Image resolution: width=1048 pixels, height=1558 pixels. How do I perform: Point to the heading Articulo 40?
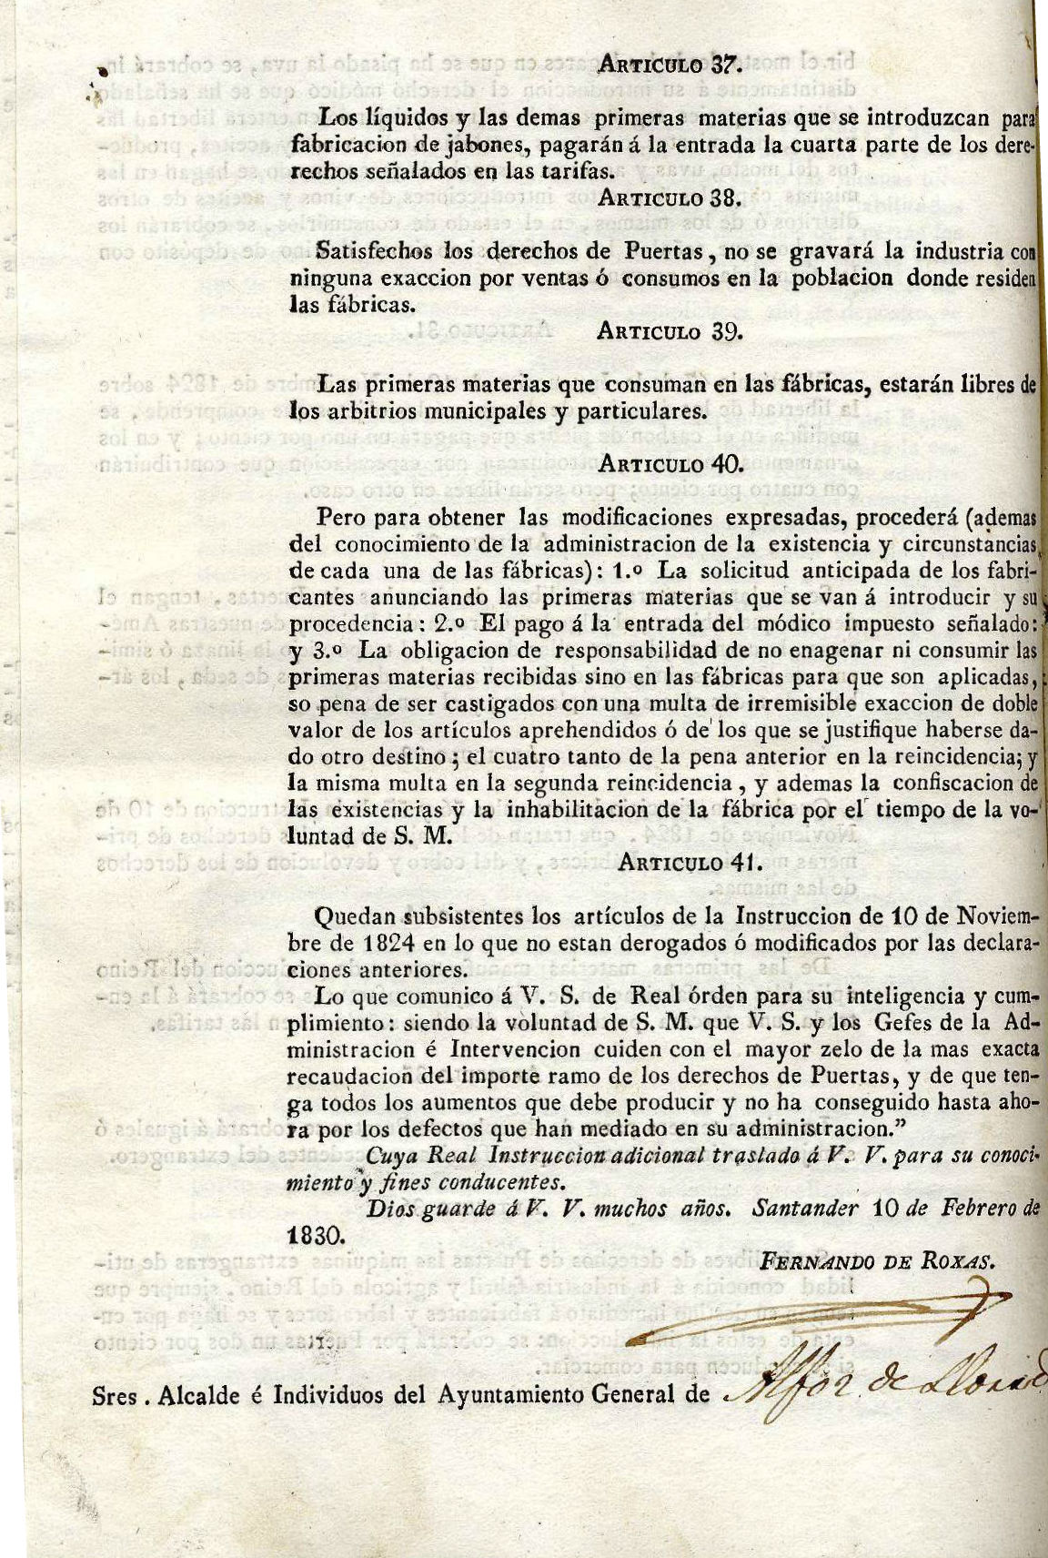(670, 464)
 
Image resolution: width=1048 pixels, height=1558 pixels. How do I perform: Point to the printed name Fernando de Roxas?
(878, 1261)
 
